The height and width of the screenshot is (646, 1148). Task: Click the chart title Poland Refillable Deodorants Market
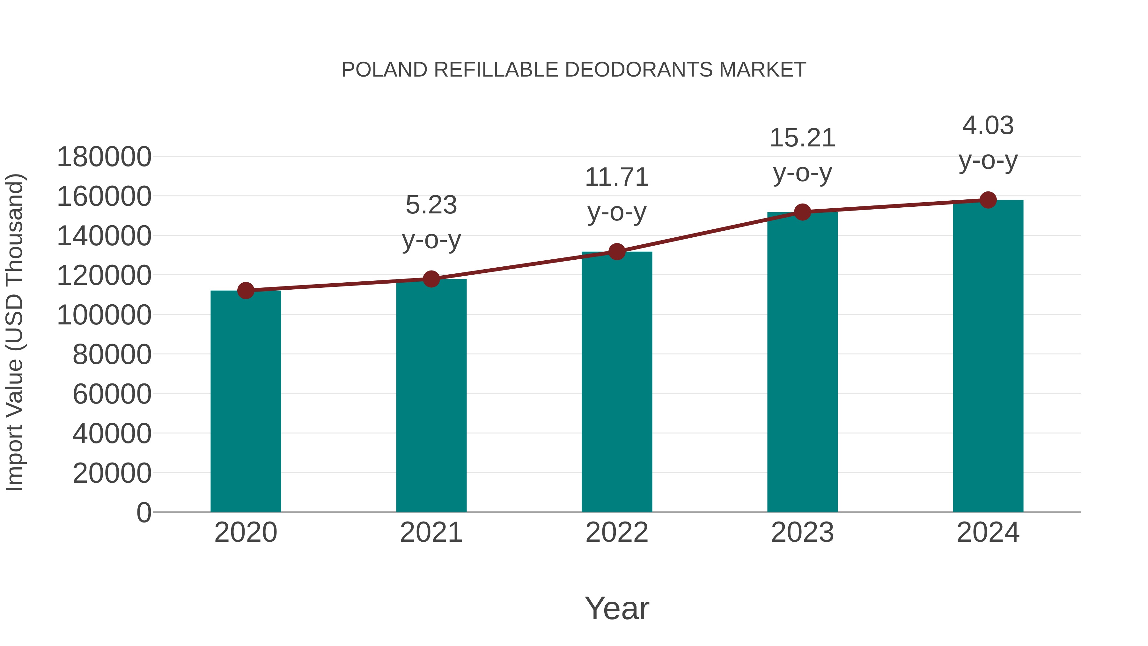click(574, 70)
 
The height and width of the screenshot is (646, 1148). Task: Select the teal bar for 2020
click(246, 401)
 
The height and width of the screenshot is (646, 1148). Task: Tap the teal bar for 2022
click(617, 383)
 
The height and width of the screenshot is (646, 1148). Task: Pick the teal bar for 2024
click(988, 357)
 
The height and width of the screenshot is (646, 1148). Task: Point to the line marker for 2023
click(802, 212)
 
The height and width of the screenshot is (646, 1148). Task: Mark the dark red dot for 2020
click(246, 291)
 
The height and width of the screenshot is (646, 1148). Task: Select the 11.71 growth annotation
click(617, 177)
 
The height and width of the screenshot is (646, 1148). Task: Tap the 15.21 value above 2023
click(802, 138)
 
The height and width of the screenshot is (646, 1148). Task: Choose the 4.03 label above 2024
click(988, 126)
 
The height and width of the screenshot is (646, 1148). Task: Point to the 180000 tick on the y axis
click(104, 157)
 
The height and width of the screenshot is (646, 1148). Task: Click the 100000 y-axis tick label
click(104, 315)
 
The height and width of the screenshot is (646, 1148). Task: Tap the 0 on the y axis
click(143, 512)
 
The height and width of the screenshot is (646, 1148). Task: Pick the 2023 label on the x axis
click(802, 532)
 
